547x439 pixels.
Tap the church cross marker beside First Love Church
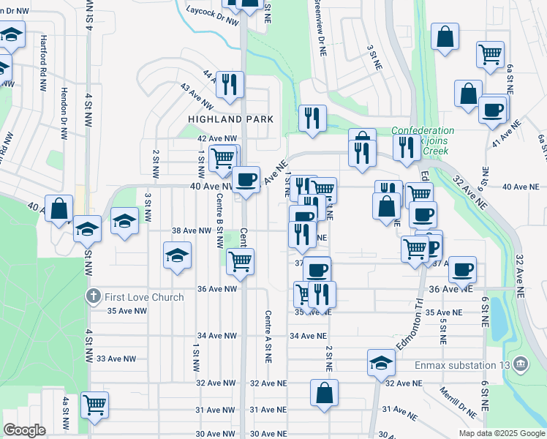[92, 297]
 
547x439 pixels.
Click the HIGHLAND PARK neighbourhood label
[230, 119]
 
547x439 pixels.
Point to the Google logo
[25, 430]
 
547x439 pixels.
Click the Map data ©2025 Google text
[502, 433]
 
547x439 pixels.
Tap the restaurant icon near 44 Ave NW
[230, 85]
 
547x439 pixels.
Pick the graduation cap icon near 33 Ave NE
[381, 363]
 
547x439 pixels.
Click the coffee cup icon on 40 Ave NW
[246, 179]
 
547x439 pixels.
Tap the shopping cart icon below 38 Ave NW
[240, 261]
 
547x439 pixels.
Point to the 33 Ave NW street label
[117, 359]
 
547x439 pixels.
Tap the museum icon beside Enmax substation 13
[520, 363]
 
